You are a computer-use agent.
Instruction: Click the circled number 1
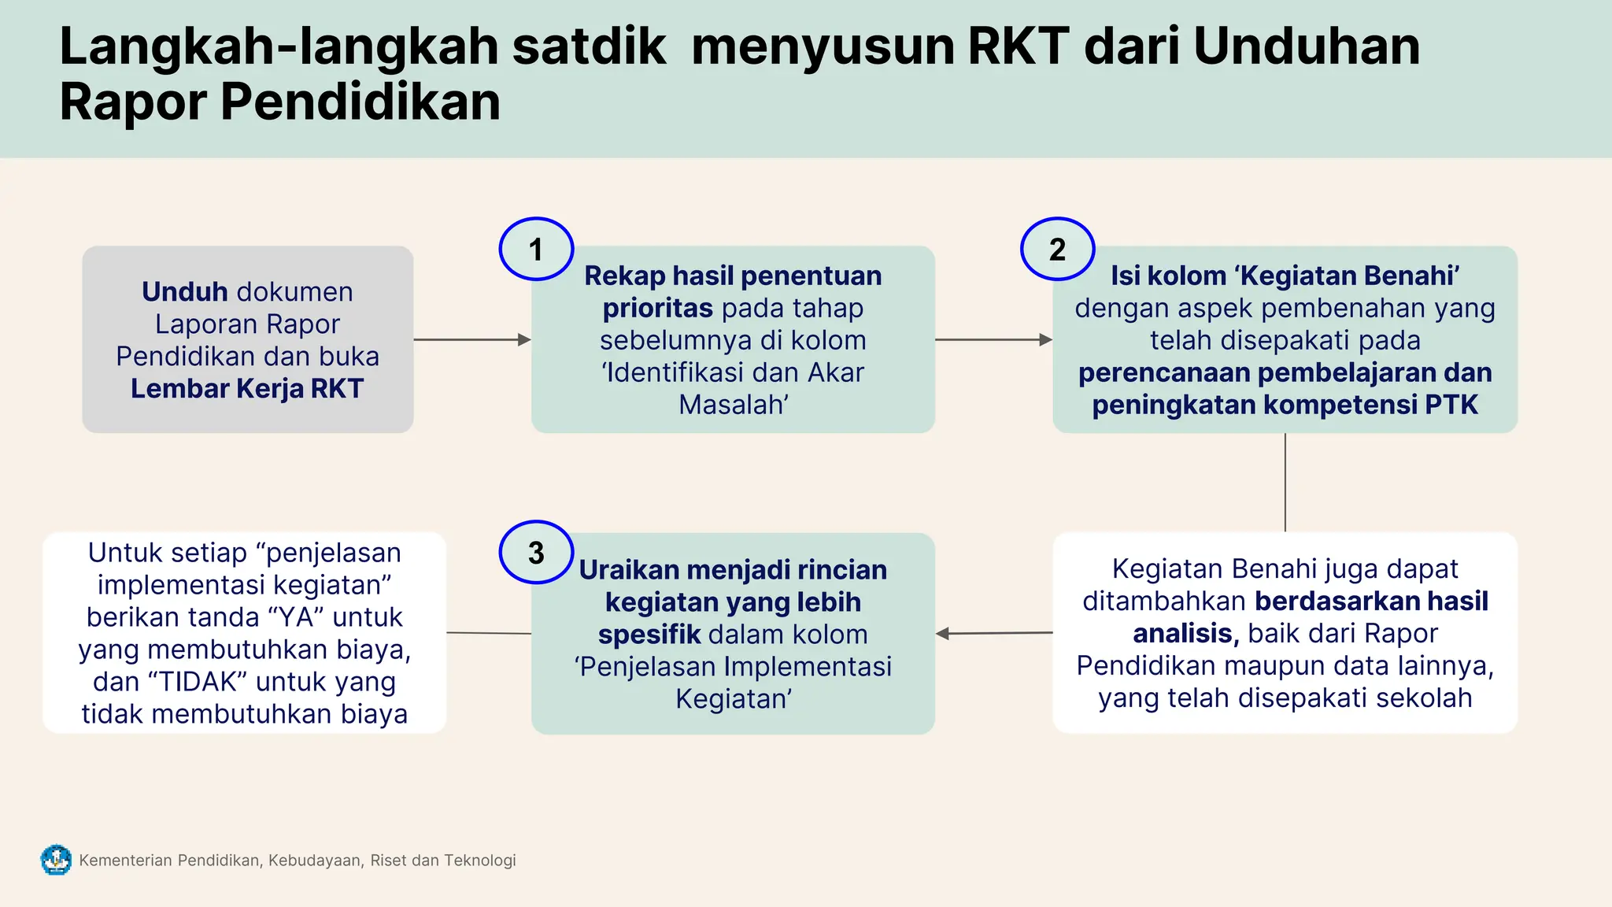(536, 250)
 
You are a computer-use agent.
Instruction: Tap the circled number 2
(1057, 250)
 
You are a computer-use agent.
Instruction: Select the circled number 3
(536, 553)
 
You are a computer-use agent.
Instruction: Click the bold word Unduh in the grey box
(184, 292)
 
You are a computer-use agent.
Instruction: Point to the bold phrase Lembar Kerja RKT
(247, 389)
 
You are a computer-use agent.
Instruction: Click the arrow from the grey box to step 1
(471, 339)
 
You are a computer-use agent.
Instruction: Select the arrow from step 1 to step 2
(993, 339)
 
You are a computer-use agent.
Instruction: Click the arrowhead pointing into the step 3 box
(942, 633)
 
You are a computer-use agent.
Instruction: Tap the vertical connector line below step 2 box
(1285, 482)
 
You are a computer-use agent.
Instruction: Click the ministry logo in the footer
(56, 860)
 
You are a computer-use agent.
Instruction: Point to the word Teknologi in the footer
(479, 861)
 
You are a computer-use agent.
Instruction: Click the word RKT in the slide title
(1018, 46)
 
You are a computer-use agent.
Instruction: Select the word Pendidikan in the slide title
(360, 102)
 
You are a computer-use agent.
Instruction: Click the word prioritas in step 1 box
(657, 309)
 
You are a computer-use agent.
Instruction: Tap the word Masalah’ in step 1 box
(734, 405)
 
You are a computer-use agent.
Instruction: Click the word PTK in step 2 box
(1451, 405)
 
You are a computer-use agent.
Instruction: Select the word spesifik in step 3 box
(649, 635)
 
